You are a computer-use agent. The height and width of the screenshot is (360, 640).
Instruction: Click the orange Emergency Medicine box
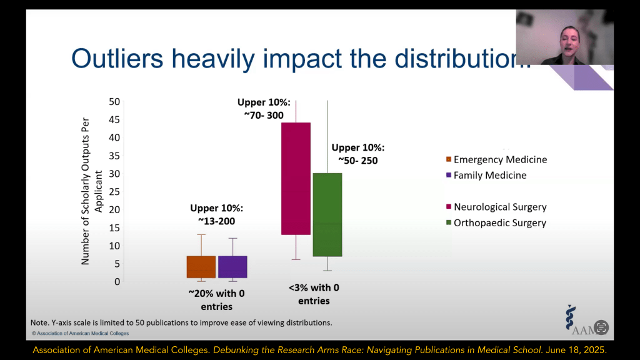tap(201, 267)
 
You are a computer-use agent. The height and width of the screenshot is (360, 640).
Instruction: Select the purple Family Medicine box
tap(232, 267)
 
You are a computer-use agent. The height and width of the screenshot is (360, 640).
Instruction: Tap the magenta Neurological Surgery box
tap(296, 178)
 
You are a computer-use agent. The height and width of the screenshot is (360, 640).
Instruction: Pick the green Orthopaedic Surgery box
tap(327, 214)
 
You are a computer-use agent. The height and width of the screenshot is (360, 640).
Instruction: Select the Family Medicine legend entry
tap(490, 176)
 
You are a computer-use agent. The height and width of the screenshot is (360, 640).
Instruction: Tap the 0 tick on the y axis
tap(116, 281)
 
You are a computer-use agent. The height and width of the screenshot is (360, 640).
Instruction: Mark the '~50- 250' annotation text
tap(357, 161)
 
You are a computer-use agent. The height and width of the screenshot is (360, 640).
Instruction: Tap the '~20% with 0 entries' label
tap(216, 300)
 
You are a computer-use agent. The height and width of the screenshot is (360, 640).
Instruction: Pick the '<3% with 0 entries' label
tap(314, 294)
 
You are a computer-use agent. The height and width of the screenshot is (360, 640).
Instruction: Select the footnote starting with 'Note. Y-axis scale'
tap(181, 322)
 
